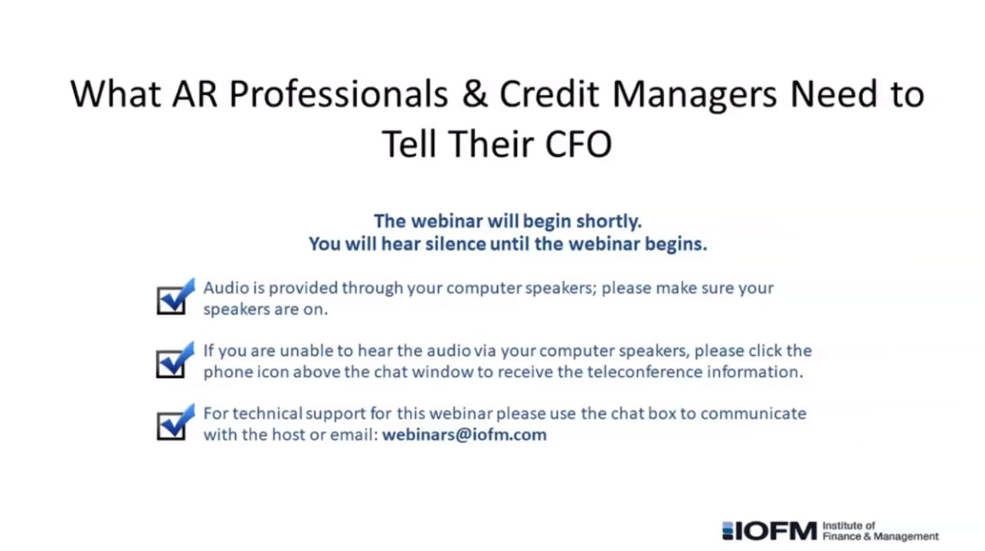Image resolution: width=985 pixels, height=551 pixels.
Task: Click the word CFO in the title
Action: (578, 144)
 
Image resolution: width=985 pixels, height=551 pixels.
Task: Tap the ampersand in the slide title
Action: (475, 93)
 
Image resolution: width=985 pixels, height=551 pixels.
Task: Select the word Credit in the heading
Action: (549, 93)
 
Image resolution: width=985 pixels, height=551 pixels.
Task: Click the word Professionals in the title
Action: (339, 93)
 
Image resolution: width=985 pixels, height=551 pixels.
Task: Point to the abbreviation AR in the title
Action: (195, 93)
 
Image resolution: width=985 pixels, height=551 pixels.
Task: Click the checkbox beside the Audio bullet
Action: (175, 296)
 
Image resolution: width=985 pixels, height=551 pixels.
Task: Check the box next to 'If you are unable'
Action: (175, 360)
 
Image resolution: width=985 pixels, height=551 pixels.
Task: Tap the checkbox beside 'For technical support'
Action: (175, 422)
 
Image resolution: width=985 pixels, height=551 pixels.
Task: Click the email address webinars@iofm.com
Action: (464, 435)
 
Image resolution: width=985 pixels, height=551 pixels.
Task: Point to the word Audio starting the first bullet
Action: (225, 288)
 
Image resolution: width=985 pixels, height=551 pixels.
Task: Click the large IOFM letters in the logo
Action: (776, 531)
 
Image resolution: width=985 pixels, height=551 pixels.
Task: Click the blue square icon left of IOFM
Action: (728, 531)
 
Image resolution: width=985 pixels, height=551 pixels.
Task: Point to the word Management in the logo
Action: (906, 536)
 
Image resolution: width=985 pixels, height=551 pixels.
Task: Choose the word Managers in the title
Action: (695, 94)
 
